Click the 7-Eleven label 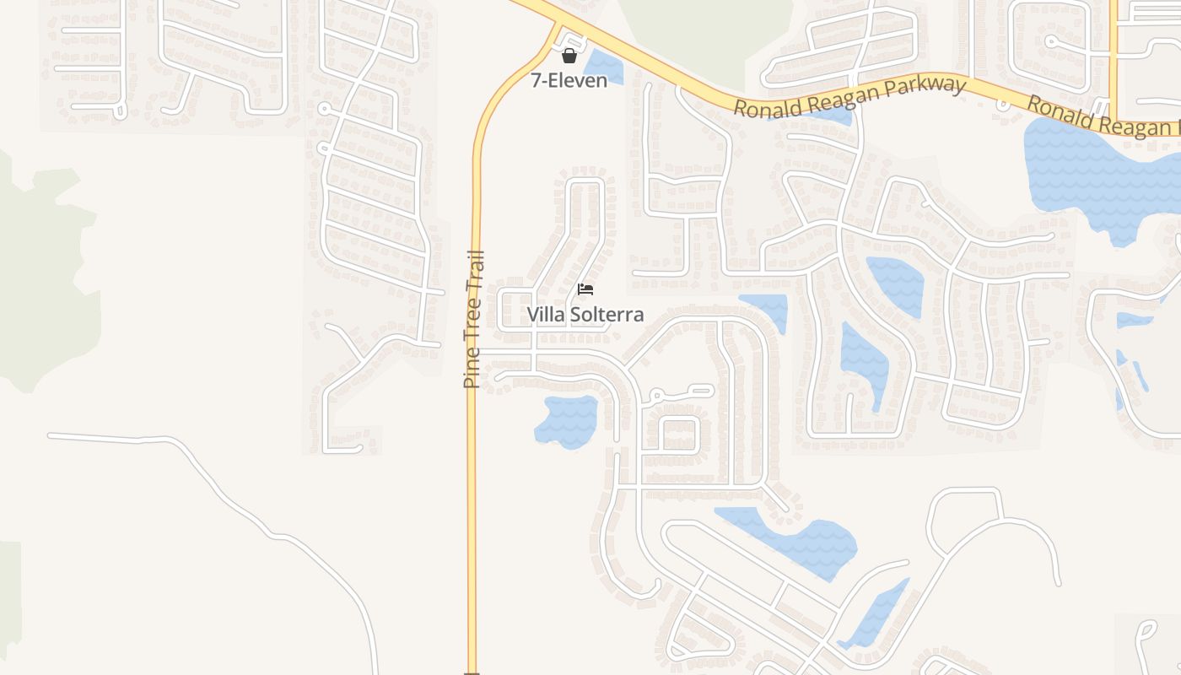click(569, 81)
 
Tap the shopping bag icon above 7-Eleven click(569, 56)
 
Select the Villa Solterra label click(585, 315)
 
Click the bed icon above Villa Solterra click(585, 289)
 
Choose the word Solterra click(606, 315)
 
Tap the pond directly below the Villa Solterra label click(568, 419)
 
